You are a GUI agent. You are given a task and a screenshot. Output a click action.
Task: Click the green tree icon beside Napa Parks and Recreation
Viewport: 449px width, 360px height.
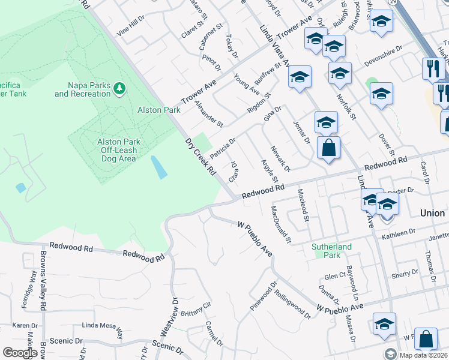coord(119,89)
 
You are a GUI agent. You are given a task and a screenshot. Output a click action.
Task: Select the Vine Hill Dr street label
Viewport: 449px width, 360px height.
coord(131,27)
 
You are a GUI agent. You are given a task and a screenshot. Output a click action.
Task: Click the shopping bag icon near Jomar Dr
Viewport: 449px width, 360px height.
coord(328,148)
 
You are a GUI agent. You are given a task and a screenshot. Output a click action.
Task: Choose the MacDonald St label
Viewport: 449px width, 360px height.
coord(280,225)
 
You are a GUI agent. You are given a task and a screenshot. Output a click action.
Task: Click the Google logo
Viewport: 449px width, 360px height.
coord(19,352)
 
